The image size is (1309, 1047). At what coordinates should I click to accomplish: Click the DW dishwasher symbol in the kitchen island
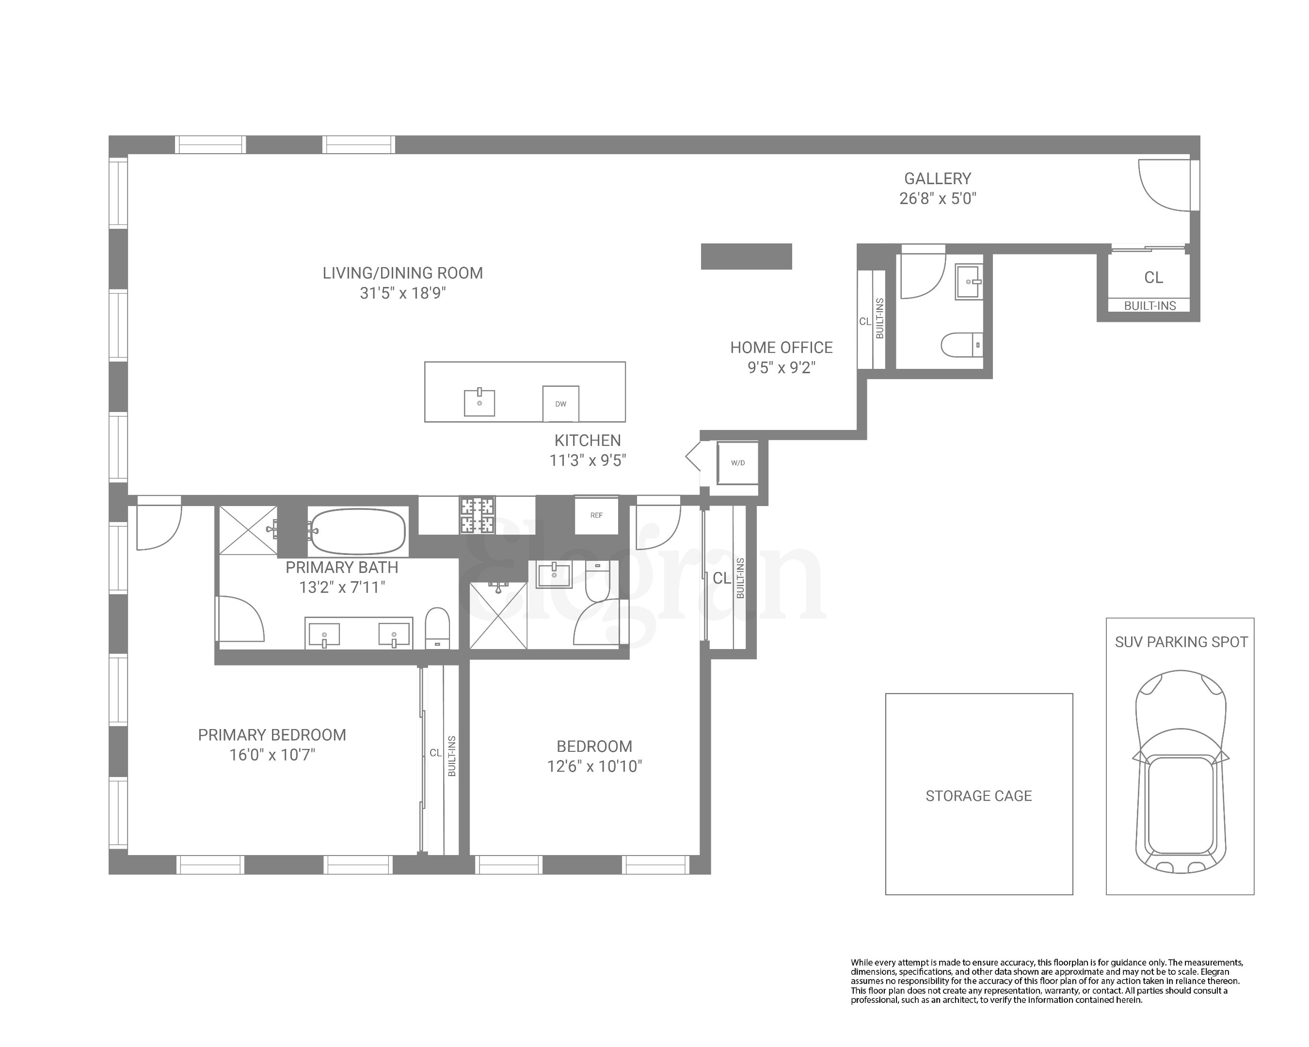tap(560, 404)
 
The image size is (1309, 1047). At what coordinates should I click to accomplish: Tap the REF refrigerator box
tap(596, 515)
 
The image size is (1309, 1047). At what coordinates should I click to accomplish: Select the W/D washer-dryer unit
tap(738, 463)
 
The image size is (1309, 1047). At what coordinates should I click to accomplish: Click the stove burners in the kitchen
tap(477, 515)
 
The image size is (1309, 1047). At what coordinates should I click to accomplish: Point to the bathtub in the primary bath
tap(356, 531)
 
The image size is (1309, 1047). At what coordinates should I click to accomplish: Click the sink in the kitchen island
tap(479, 402)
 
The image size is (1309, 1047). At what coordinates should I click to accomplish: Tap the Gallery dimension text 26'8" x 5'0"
tap(938, 198)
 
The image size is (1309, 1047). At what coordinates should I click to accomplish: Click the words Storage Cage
tap(978, 796)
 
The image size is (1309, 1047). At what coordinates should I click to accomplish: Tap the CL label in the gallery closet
tap(1153, 277)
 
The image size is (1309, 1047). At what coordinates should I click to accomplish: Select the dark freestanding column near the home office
tap(746, 256)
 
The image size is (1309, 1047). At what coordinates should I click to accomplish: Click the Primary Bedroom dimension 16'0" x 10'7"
tap(272, 754)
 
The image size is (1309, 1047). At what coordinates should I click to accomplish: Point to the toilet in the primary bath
tap(437, 628)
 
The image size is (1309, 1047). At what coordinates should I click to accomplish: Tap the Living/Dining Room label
tap(402, 273)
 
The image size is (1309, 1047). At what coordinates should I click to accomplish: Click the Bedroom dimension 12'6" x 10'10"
tap(594, 766)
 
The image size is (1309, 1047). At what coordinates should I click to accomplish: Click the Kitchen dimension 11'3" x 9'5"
tap(587, 460)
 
